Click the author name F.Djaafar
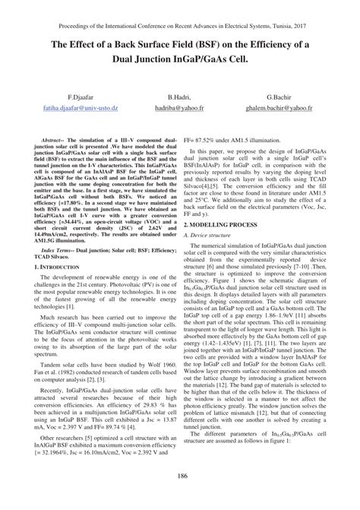pos(81,100)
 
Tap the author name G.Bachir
pos(282,100)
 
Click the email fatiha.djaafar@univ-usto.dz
pos(81,109)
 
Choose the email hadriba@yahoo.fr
pos(180,109)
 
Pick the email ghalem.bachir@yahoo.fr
pos(283,109)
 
